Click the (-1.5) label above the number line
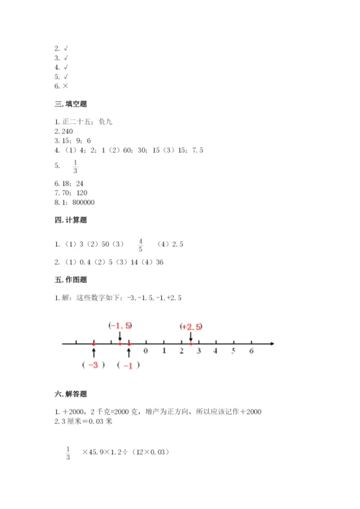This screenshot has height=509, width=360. tap(120, 326)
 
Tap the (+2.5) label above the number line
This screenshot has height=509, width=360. tap(191, 326)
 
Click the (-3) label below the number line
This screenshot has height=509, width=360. tap(94, 365)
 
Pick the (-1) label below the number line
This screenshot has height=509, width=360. tap(128, 365)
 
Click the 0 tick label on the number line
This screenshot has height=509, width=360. tap(146, 352)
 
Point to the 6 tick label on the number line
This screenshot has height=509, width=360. tap(251, 352)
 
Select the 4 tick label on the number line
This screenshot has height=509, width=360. tap(216, 352)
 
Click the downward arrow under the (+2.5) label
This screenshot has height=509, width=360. tap(191, 336)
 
